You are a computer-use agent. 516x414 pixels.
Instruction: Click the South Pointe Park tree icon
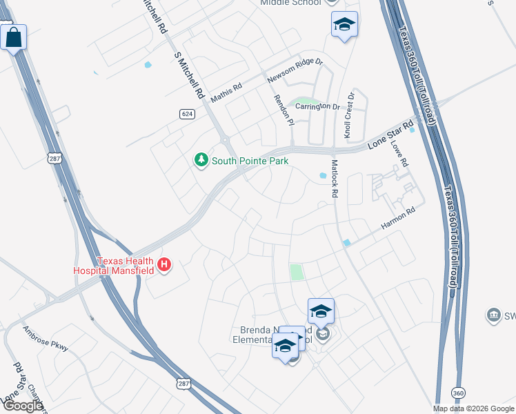(x=201, y=161)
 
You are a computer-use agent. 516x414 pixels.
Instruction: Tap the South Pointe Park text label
(x=250, y=161)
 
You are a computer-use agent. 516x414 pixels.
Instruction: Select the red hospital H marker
(x=164, y=264)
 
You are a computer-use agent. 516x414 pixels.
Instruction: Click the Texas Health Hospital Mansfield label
(x=115, y=266)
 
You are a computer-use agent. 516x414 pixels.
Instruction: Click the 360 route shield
(x=458, y=392)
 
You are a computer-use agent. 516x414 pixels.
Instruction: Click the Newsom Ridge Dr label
(x=295, y=72)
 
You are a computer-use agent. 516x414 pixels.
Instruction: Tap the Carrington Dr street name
(x=318, y=107)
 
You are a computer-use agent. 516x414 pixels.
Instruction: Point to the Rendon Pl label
(x=284, y=110)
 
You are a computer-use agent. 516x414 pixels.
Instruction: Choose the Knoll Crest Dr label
(x=349, y=114)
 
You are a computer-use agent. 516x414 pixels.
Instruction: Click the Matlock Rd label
(x=334, y=179)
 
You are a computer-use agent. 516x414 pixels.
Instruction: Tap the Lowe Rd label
(x=399, y=154)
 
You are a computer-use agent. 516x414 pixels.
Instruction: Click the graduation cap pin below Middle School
(x=344, y=26)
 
